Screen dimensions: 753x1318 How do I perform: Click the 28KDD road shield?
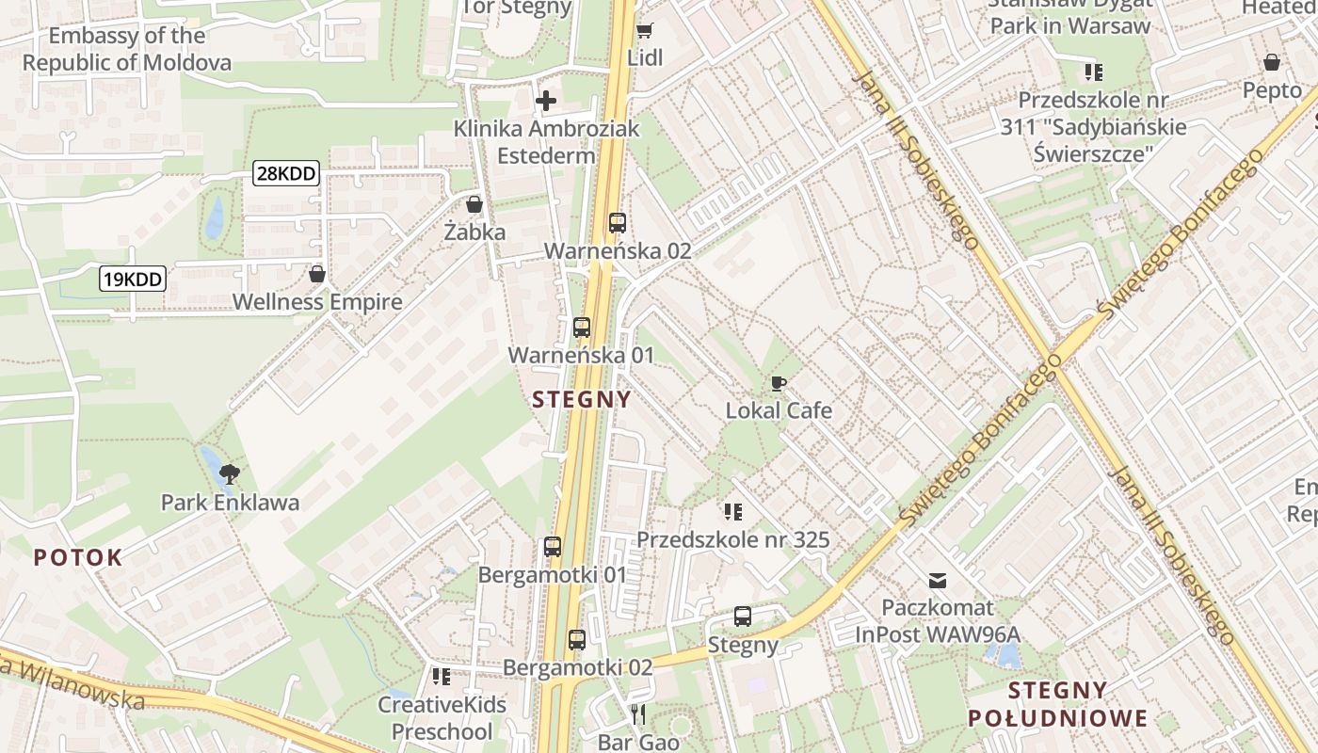click(x=286, y=173)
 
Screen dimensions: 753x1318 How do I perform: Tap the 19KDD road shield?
click(x=133, y=279)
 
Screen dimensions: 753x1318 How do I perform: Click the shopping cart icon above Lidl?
click(x=645, y=31)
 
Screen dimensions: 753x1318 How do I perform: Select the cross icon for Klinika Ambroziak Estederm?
click(x=546, y=101)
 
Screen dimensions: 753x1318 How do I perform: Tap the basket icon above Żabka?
click(x=474, y=204)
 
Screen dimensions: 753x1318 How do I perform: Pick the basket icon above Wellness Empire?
click(x=317, y=274)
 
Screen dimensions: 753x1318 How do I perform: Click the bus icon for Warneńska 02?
click(x=618, y=223)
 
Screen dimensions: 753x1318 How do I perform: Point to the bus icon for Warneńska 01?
click(x=582, y=328)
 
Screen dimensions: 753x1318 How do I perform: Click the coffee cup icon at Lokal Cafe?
click(x=779, y=383)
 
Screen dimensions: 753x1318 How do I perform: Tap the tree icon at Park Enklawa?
click(x=230, y=473)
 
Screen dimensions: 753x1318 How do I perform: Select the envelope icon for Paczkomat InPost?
click(x=938, y=580)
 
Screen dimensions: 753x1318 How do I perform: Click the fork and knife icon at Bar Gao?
click(x=639, y=714)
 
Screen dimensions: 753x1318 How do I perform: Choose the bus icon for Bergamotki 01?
click(x=553, y=547)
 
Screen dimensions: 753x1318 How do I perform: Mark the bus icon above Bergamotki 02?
click(x=577, y=640)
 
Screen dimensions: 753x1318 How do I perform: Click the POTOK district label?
click(x=78, y=557)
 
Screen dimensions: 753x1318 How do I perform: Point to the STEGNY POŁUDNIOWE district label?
click(x=1058, y=703)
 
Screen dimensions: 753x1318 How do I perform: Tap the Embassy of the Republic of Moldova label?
click(x=127, y=50)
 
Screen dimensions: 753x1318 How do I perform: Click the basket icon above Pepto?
click(x=1272, y=63)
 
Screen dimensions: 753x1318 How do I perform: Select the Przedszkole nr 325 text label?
click(x=733, y=539)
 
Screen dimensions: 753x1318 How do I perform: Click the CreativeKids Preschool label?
click(x=442, y=717)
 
